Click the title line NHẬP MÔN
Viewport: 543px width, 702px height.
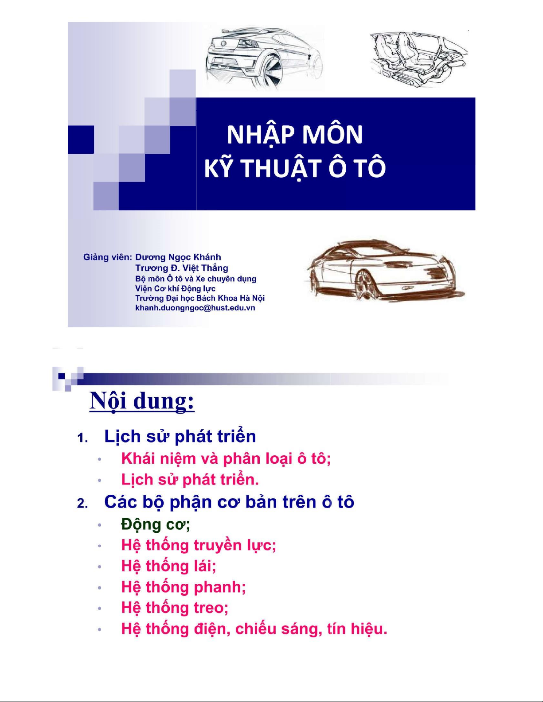point(295,135)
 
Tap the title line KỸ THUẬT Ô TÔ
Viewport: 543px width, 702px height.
point(295,169)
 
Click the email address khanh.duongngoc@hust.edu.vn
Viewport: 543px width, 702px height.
point(195,308)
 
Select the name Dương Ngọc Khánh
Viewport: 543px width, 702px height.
point(178,257)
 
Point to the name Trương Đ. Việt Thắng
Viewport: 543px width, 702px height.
point(182,268)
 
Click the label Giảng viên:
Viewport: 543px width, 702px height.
point(108,257)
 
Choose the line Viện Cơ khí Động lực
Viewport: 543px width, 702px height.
point(175,288)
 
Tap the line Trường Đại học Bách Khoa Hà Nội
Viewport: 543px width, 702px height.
point(200,298)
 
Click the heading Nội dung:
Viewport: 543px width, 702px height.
point(142,401)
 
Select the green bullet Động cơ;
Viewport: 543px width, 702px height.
point(156,524)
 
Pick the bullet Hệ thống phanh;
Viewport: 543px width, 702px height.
point(184,587)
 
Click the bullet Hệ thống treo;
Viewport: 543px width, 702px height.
point(175,608)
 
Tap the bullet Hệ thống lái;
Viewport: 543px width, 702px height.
point(168,566)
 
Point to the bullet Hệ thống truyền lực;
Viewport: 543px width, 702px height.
point(199,545)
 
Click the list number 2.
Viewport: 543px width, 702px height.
point(82,504)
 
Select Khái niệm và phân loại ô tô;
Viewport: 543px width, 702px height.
point(226,458)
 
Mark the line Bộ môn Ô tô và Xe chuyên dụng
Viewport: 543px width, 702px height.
point(195,279)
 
